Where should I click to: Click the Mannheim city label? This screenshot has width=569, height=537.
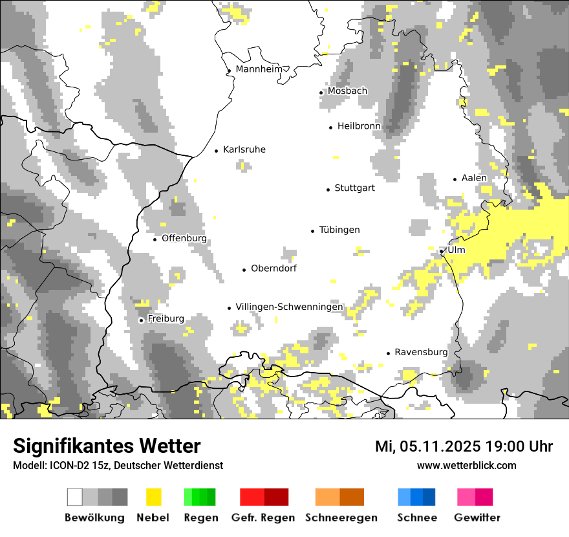point(261,69)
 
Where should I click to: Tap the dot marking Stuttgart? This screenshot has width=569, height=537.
point(328,189)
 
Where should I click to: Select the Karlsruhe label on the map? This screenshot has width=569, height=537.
point(244,149)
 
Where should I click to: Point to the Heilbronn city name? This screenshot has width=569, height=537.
point(359,126)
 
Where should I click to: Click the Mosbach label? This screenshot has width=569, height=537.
point(347,91)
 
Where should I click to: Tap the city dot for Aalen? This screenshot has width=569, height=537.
point(455,179)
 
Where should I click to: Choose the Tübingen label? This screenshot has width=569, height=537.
point(339,230)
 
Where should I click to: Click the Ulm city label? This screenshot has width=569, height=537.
point(456,250)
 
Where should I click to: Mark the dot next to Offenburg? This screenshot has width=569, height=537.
point(155,239)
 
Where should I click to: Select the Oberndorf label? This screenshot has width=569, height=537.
point(274,268)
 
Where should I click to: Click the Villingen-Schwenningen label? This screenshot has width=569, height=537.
point(290,307)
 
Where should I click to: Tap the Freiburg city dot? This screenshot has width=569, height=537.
point(141,320)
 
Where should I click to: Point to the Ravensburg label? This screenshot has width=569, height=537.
point(421,352)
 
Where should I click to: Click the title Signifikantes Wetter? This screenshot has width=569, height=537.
point(107,446)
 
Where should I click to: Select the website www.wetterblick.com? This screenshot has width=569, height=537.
point(466,465)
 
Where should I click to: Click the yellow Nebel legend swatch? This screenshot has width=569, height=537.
point(153,497)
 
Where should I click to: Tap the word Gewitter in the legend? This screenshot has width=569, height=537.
point(477,518)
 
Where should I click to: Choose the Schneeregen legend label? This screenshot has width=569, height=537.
point(341,518)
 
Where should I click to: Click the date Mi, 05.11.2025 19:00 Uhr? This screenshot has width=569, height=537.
point(464,446)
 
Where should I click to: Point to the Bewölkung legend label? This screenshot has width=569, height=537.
point(94,518)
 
